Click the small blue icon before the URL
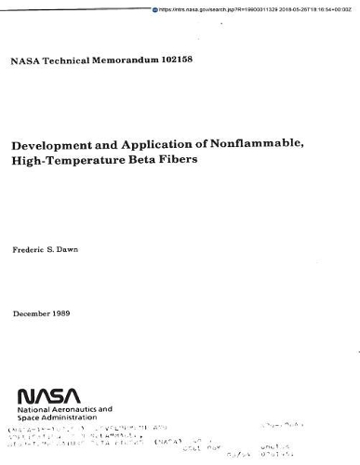(155, 8)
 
